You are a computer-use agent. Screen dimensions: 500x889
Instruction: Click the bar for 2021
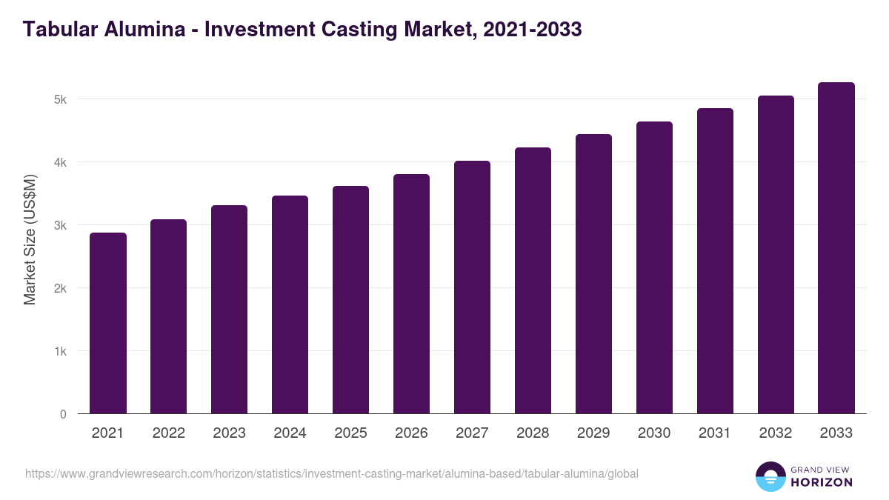coord(108,323)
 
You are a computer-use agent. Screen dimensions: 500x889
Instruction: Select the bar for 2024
coord(290,304)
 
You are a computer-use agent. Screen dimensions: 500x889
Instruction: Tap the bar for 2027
coord(472,287)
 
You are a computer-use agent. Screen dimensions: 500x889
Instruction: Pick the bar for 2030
coord(654,267)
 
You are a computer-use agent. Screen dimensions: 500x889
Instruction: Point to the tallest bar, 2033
coord(836,248)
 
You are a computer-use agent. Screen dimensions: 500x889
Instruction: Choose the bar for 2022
coord(169,316)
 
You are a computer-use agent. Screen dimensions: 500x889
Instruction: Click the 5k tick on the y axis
coord(60,99)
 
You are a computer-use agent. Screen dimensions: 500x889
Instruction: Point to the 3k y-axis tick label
coord(60,225)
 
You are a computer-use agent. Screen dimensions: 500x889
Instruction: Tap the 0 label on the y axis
coord(63,414)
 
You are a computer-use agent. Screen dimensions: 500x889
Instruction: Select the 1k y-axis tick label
coord(60,351)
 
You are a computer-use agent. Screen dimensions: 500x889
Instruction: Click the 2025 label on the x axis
coord(350,433)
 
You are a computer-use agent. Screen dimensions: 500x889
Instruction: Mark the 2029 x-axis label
coord(593,433)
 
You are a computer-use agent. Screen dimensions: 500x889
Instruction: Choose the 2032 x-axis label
coord(776,433)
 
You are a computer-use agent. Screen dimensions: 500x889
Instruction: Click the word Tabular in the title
coord(56,30)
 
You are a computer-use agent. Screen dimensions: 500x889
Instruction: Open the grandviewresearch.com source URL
coord(331,473)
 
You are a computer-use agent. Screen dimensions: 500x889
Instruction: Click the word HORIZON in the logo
coord(822,482)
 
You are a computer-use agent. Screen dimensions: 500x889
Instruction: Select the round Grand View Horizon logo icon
coord(770,476)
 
